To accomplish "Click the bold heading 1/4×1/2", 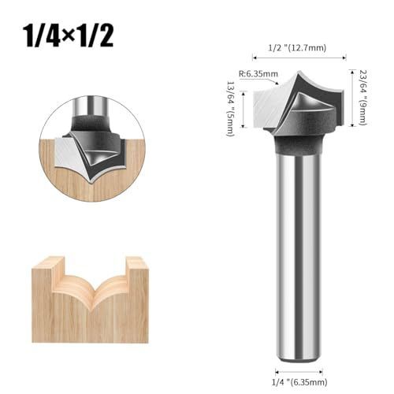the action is tap(69, 36).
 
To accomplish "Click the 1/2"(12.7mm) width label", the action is tap(297, 48).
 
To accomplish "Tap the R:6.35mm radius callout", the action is tap(258, 74).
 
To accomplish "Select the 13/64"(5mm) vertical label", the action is tap(230, 108).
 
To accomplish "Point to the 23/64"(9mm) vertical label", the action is tap(362, 98).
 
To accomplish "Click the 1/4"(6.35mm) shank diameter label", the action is tap(299, 382).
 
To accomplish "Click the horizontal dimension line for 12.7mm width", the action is tap(299, 58).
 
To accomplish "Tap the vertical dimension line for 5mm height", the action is tap(244, 110).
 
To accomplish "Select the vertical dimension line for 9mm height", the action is tap(352, 98).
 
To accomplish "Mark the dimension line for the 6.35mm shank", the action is tap(299, 372).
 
